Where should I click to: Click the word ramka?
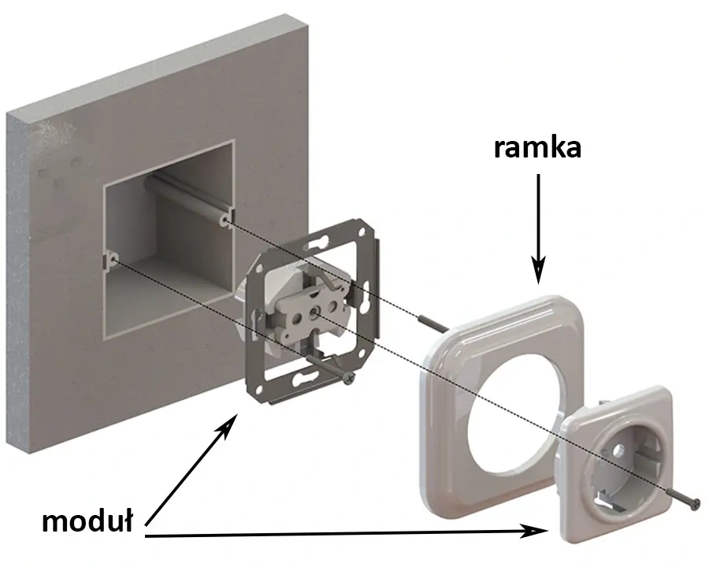coord(537,147)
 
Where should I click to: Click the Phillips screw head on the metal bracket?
coord(347,379)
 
